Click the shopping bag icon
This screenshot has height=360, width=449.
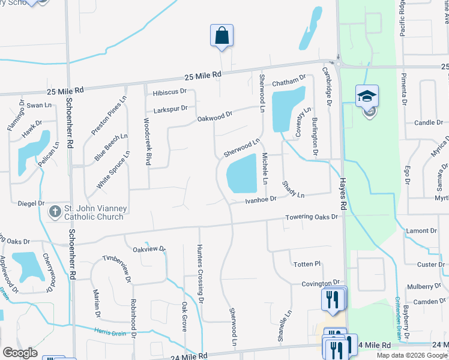pos(221,35)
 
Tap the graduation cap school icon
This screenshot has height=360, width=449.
pos(367,95)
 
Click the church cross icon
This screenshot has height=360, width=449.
pos(55,211)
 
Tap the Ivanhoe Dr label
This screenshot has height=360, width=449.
pos(261,199)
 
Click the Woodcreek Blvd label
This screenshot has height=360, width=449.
pos(147,141)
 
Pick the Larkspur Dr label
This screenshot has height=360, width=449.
pos(170,109)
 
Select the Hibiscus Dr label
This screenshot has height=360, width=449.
pos(170,92)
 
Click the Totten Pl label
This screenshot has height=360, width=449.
pos(308,264)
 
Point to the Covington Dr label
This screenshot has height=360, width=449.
pos(321,283)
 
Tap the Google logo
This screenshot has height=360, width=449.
pos(20,353)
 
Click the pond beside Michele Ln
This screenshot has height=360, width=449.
pos(243,170)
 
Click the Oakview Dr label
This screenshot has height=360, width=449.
pos(149,249)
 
